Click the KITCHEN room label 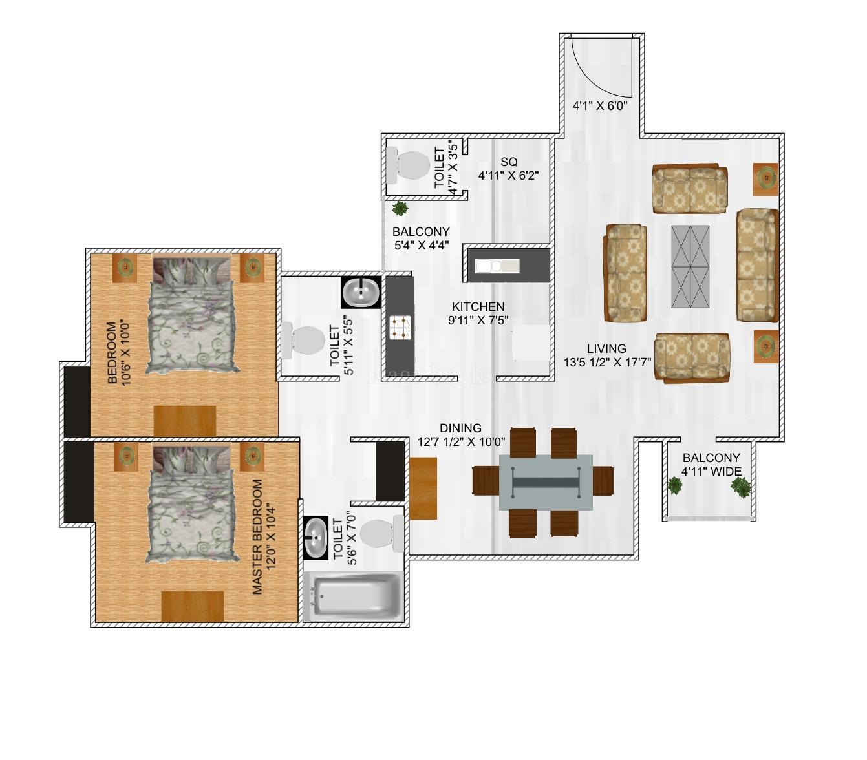coord(478,306)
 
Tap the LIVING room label coord(606,348)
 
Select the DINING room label coord(460,428)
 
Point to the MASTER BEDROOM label coord(257,536)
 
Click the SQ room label coord(509,162)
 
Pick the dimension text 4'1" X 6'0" coord(599,105)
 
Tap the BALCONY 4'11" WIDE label coord(711,465)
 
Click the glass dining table coord(546,482)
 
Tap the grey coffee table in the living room coord(690,266)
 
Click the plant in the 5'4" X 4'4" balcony coord(400,208)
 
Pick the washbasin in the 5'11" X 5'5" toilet coord(361,292)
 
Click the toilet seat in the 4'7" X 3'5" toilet coord(408,165)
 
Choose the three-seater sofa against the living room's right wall coord(756,265)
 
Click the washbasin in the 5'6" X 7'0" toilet coord(316,538)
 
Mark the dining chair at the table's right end coord(603,480)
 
